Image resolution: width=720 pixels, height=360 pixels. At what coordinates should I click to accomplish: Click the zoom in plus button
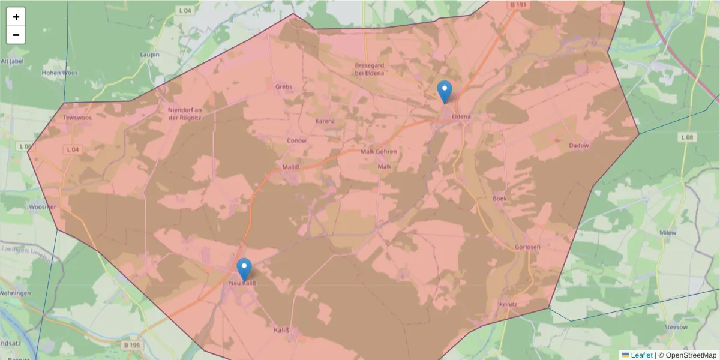(16, 17)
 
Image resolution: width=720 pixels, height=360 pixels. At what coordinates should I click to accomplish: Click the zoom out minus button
(16, 35)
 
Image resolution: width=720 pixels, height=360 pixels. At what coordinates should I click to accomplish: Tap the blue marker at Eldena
(445, 92)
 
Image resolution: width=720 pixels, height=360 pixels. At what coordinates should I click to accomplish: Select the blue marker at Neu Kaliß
(244, 269)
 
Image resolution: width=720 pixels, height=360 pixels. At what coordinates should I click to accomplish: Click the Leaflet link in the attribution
(641, 355)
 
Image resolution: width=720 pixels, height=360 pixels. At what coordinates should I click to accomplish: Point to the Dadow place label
(579, 145)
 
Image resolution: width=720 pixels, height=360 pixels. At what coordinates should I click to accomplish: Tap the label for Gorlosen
(527, 247)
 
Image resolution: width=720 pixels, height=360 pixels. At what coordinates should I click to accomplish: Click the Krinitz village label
(508, 304)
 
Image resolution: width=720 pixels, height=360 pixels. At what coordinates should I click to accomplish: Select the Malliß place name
(291, 166)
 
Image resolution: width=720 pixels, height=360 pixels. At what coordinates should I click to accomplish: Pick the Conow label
(296, 140)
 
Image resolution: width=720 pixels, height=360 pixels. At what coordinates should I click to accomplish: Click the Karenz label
(325, 121)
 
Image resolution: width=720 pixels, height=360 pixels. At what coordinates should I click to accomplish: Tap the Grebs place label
(284, 86)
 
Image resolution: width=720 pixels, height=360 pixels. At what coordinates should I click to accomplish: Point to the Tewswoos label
(77, 118)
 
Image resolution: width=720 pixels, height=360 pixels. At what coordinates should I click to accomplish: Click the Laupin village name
(149, 55)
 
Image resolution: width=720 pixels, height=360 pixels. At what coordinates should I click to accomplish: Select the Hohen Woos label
(59, 73)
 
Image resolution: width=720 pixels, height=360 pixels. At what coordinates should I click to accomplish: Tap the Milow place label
(668, 232)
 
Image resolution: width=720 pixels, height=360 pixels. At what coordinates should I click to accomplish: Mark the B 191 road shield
(518, 5)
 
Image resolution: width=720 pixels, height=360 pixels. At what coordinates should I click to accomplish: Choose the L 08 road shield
(688, 137)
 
